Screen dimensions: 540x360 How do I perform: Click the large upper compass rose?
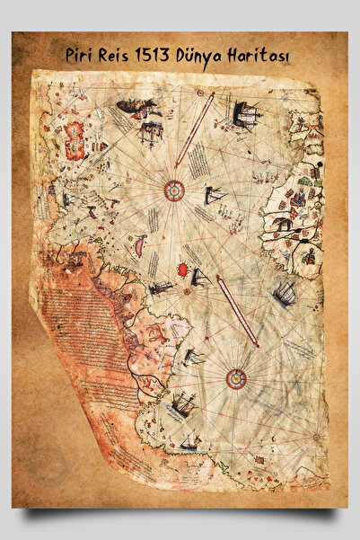174,190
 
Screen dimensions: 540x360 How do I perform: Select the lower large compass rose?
237,378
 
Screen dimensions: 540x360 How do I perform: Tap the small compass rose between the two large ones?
187,291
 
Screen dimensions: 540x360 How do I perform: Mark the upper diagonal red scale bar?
194,130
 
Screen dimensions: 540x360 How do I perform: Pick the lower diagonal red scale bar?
237,311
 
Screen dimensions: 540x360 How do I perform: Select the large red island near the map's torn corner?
75,137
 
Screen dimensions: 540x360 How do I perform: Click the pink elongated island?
140,244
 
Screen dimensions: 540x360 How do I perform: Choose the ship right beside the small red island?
200,277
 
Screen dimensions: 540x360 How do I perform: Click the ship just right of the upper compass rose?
215,195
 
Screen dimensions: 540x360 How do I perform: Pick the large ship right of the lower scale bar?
285,293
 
